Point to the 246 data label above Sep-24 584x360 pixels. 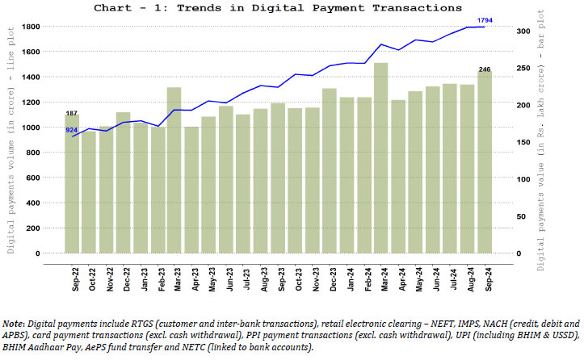coord(485,69)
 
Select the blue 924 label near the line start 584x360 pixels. coord(72,130)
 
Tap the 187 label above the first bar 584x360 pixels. coord(72,114)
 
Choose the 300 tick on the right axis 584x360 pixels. coord(524,31)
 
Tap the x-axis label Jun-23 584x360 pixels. coord(228,279)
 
